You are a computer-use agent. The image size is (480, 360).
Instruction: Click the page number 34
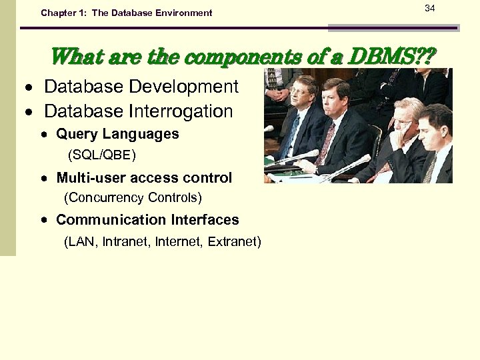[429, 7]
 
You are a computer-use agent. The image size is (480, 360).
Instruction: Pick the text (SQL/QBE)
[102, 155]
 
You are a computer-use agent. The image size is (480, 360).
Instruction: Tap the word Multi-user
[89, 178]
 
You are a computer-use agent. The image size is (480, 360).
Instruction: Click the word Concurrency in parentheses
[105, 198]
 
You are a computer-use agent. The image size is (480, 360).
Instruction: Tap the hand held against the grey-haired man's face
[399, 137]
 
